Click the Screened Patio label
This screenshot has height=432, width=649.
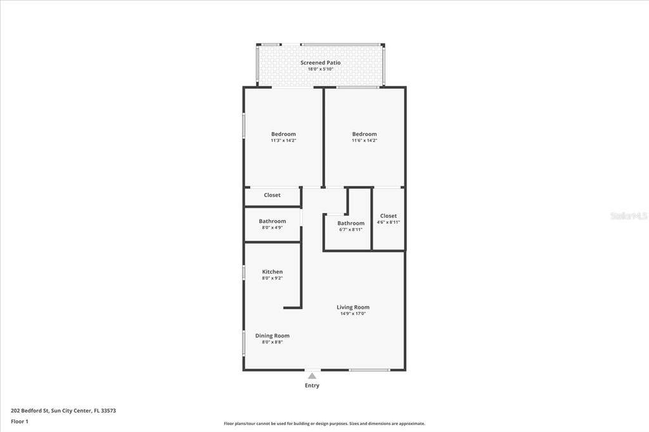click(320, 63)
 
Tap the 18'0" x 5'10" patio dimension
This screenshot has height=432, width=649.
click(320, 69)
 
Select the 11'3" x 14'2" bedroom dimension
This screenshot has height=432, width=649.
click(283, 140)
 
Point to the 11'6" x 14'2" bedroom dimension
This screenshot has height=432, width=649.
click(364, 140)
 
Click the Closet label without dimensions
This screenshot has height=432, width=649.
click(272, 195)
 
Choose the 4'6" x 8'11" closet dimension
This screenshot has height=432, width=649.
click(389, 222)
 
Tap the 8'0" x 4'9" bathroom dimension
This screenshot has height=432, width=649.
click(273, 227)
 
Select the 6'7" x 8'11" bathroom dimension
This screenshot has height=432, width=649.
click(350, 230)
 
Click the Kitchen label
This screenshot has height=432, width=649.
click(273, 272)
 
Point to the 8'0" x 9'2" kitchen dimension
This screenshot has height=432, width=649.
click(273, 278)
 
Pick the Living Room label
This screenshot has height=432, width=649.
click(352, 307)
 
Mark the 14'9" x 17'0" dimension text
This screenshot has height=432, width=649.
click(352, 314)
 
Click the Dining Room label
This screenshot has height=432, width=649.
click(273, 336)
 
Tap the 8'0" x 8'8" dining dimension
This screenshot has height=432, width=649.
click(273, 342)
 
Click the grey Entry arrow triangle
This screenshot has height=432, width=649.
click(312, 376)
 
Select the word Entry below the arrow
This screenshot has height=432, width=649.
click(312, 385)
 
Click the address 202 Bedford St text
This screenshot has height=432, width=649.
click(63, 411)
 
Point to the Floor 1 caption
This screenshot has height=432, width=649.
click(20, 422)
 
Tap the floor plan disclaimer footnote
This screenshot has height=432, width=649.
click(324, 424)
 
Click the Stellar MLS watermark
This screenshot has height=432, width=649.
click(629, 215)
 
